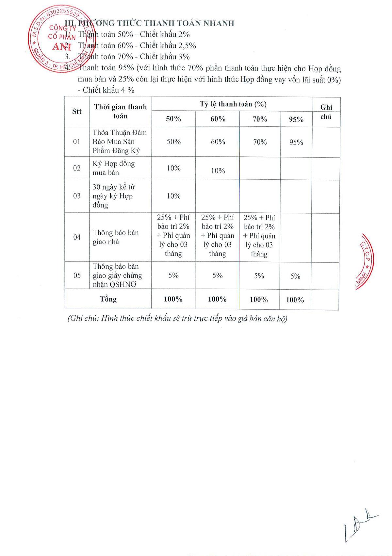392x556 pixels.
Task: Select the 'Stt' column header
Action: (x=77, y=112)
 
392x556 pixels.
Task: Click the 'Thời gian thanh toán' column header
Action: (x=120, y=112)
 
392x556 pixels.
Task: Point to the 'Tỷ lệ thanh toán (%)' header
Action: (x=233, y=104)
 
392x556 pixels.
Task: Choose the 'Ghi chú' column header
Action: (x=326, y=112)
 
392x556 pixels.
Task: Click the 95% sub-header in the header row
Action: (x=296, y=119)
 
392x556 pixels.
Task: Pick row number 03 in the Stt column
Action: (x=77, y=196)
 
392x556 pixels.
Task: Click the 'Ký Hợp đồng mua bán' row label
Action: (x=113, y=168)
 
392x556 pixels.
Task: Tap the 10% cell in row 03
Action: (x=173, y=196)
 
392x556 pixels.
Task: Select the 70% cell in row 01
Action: (x=260, y=142)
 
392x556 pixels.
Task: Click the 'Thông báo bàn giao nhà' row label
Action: (x=116, y=237)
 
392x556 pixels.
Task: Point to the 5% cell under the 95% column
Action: (x=295, y=276)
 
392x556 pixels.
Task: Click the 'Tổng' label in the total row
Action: (x=108, y=299)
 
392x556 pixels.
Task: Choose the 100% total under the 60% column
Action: (x=217, y=299)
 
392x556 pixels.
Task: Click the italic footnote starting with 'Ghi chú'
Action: (x=177, y=318)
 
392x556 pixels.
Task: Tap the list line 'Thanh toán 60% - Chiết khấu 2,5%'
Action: (x=137, y=45)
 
